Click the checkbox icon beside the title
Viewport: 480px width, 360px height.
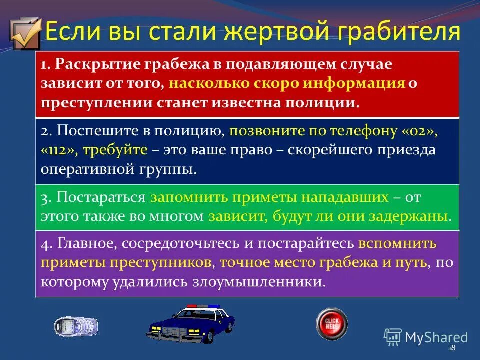[25, 33]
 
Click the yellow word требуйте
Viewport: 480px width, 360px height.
[115, 150]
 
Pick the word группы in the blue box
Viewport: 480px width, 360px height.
[169, 169]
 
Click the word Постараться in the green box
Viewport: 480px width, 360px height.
[101, 197]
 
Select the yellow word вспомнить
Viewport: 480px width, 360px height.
[397, 244]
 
